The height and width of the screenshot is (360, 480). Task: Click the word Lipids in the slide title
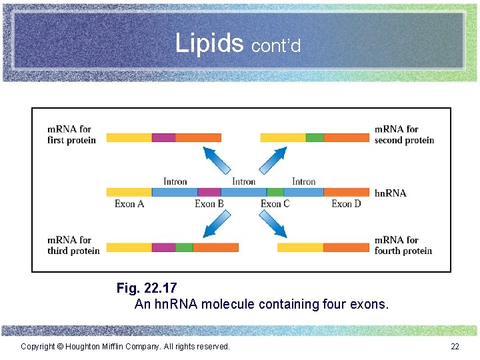(210, 43)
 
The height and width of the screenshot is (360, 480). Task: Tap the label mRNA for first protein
(71, 135)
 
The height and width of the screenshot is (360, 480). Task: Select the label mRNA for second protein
(404, 135)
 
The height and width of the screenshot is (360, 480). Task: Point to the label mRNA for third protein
(73, 245)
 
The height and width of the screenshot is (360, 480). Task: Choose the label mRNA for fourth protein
(403, 245)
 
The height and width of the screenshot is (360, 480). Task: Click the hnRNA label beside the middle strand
(390, 193)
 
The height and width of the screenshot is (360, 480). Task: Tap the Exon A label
(129, 204)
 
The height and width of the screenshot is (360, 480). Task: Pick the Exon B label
(209, 204)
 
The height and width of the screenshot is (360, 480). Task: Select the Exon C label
(275, 204)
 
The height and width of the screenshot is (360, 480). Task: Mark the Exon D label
(346, 204)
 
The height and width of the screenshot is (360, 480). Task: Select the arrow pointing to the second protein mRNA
(271, 161)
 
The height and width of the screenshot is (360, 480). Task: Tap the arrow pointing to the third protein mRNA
(216, 223)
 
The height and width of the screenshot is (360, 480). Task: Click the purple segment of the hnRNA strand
(209, 192)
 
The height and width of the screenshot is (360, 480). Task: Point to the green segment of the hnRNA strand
(275, 192)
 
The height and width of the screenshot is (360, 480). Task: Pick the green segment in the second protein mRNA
(315, 137)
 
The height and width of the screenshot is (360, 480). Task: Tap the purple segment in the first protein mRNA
(163, 137)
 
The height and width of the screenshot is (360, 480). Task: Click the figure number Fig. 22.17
(147, 288)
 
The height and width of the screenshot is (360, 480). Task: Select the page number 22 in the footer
(455, 346)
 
